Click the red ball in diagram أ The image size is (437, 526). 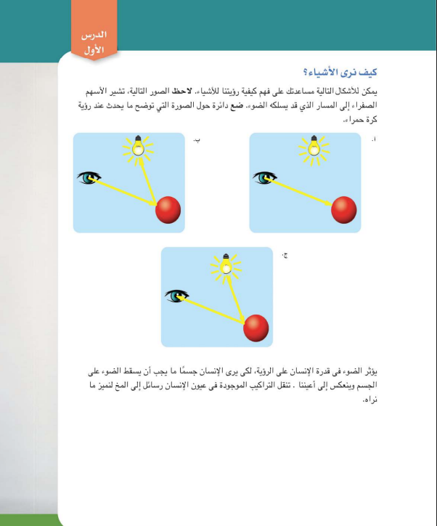coord(344,210)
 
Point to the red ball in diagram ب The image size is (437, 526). coord(168,210)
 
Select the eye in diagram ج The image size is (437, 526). coord(176,295)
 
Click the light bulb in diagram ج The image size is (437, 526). coord(226,265)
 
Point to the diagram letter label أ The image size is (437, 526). coord(374,138)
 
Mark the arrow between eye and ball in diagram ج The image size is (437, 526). coord(214,307)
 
